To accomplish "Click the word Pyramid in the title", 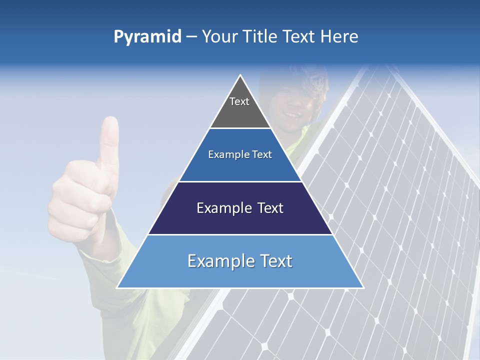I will point(147,37).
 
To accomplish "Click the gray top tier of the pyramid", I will point(240,112).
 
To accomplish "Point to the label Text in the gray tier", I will point(239,101).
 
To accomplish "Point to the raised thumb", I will point(109,140).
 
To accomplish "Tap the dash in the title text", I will point(191,37).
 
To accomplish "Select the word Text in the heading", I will point(300,37).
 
